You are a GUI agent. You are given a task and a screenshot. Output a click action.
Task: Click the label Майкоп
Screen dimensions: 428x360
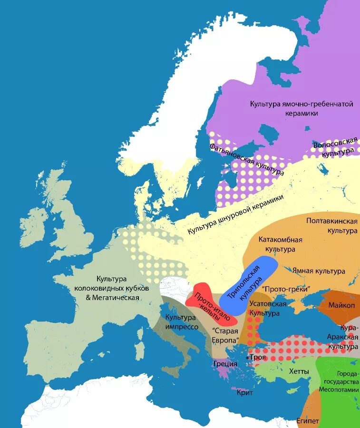pyautogui.click(x=339, y=305)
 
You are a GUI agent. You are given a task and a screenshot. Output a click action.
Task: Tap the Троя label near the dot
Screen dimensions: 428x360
pyautogui.click(x=258, y=357)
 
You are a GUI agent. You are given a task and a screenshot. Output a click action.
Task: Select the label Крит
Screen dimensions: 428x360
pyautogui.click(x=244, y=393)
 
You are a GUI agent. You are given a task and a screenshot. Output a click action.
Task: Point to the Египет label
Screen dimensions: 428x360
pyautogui.click(x=307, y=421)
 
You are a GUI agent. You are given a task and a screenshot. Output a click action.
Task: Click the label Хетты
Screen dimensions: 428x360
pyautogui.click(x=299, y=371)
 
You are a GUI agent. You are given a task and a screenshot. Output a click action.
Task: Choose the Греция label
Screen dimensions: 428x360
pyautogui.click(x=225, y=364)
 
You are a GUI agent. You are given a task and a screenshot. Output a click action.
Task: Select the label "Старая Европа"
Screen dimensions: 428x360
pyautogui.click(x=225, y=336)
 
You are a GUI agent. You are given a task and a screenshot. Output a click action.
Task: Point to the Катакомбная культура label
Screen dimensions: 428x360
pyautogui.click(x=280, y=244)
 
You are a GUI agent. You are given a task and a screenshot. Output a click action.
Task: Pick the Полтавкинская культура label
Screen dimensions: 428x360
pyautogui.click(x=331, y=226)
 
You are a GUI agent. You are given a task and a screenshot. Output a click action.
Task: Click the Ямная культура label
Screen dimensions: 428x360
pyautogui.click(x=318, y=271)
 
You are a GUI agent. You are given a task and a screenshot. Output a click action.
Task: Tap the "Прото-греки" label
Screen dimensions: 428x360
pyautogui.click(x=285, y=289)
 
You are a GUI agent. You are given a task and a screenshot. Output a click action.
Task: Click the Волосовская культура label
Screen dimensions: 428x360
pyautogui.click(x=335, y=147)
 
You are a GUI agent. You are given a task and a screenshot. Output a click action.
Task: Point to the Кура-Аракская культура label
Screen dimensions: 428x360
pyautogui.click(x=342, y=337)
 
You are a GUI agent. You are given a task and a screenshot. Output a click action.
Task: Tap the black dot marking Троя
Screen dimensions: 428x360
pyautogui.click(x=248, y=357)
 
